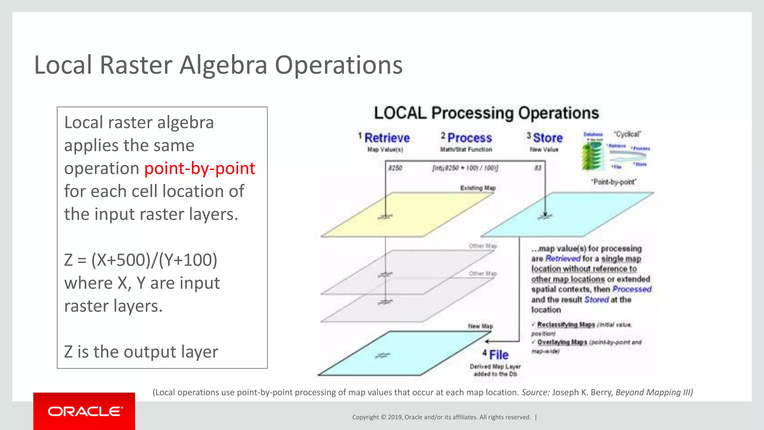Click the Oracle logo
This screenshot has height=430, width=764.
tap(84, 411)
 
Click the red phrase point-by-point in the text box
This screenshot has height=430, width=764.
tap(200, 168)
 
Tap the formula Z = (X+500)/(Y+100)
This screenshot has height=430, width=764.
tap(141, 260)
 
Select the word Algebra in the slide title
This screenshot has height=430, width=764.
tap(223, 65)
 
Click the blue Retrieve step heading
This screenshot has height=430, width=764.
tap(387, 138)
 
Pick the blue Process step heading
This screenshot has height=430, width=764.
tap(469, 138)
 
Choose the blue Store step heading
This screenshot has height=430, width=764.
tap(548, 138)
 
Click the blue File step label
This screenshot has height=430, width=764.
tap(499, 355)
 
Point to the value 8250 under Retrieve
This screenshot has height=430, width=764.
tap(395, 168)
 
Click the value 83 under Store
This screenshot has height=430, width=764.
tap(538, 168)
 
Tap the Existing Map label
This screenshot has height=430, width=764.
tap(477, 188)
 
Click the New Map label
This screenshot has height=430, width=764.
tap(480, 326)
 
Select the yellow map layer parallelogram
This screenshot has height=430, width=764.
tap(407, 215)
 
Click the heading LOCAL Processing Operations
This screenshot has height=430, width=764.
tap(486, 113)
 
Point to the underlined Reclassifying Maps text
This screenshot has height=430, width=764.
tap(566, 325)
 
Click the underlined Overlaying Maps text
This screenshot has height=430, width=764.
tap(562, 342)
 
